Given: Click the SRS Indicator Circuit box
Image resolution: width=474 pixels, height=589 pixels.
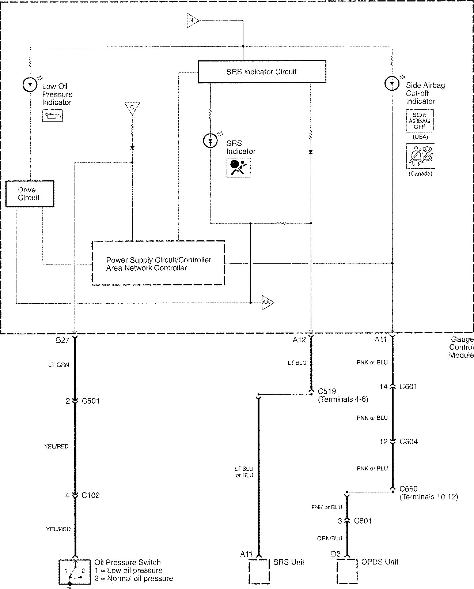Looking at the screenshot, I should [x=262, y=72].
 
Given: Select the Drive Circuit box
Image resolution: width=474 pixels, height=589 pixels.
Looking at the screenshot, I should [x=30, y=194].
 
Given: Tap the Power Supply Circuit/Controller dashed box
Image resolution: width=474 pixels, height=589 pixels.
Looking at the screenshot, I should [x=158, y=263].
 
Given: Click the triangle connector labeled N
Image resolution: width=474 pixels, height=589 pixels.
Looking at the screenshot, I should [x=192, y=20].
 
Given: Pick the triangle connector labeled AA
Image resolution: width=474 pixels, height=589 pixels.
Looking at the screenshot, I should [x=267, y=303].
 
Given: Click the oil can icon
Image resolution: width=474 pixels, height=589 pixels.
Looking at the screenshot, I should [x=53, y=116].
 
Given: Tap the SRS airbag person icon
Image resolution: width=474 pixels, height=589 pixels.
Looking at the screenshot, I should [x=238, y=168].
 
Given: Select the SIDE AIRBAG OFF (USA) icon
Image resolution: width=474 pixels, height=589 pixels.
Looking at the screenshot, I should [x=420, y=121].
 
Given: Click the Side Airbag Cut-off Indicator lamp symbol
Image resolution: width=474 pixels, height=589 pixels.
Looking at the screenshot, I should [x=392, y=83].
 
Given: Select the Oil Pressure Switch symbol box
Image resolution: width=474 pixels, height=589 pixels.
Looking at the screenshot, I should [x=75, y=571].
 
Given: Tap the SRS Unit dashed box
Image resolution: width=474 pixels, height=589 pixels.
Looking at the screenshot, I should [x=259, y=571].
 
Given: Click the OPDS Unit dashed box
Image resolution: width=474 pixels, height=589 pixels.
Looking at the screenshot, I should [x=347, y=571].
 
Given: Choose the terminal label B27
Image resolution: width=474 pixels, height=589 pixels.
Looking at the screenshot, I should [x=62, y=340].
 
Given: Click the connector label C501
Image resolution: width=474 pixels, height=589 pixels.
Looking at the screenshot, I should [x=91, y=401].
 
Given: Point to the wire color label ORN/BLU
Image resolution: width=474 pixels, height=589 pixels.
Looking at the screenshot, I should [x=330, y=538].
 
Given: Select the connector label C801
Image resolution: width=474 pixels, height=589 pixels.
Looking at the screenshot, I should [x=363, y=521].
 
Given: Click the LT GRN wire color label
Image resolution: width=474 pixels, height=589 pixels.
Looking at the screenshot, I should [x=58, y=365].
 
